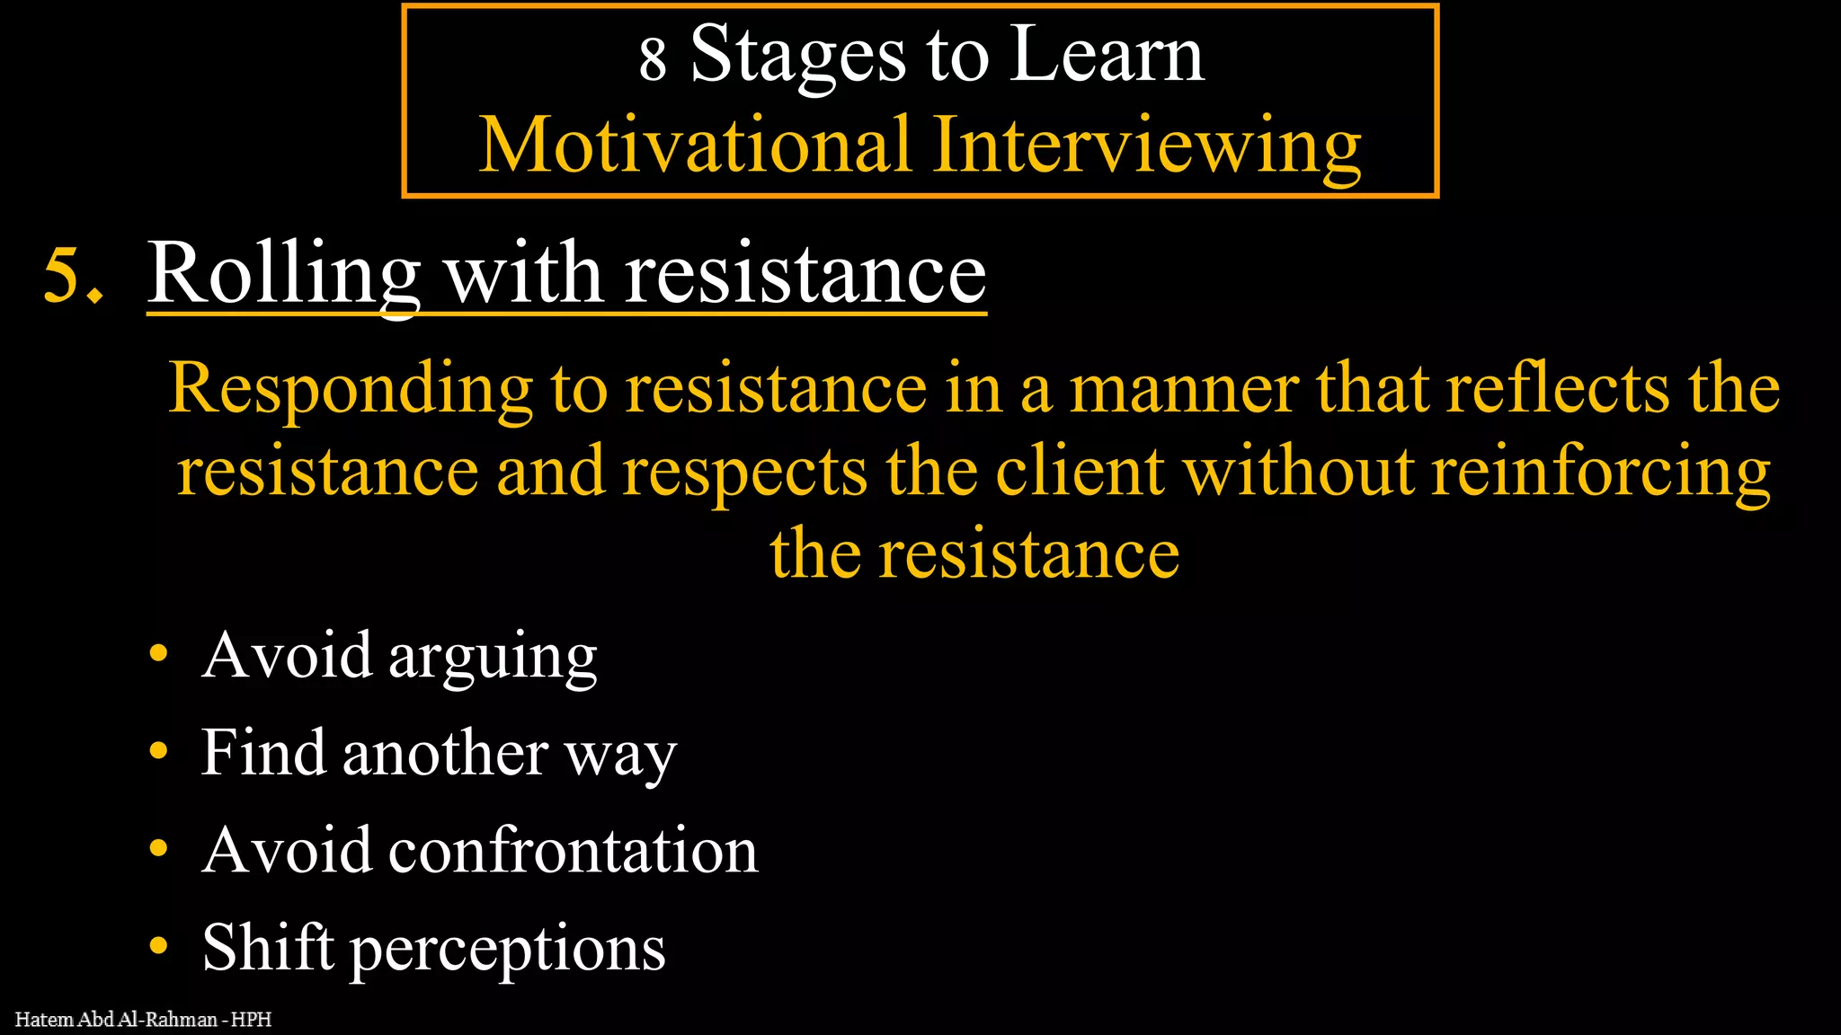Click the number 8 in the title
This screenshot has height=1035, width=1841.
pos(653,59)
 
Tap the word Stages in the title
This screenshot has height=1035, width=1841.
pos(797,56)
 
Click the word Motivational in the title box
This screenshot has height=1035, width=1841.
pos(695,145)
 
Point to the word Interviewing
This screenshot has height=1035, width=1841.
pos(1147,146)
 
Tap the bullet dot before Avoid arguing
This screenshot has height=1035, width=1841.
pos(159,655)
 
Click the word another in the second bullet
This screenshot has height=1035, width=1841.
pos(445,753)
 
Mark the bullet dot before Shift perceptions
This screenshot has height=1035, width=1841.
pos(159,946)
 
